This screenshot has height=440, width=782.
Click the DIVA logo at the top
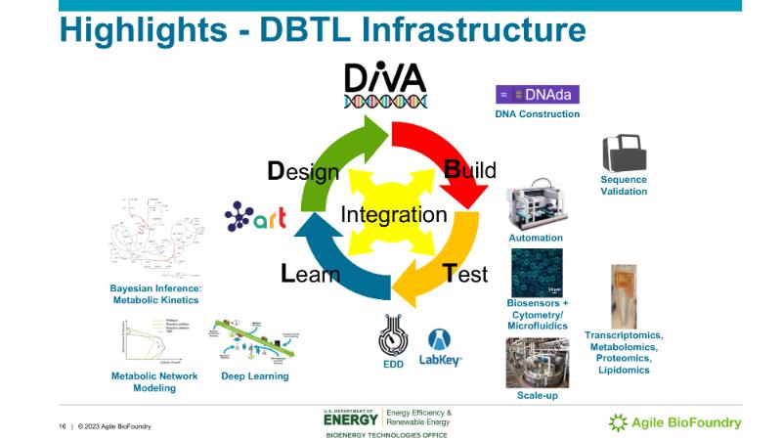(x=385, y=86)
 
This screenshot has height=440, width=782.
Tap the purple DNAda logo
(x=538, y=95)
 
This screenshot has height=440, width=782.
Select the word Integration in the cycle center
(x=393, y=215)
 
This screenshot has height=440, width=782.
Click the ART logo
(x=255, y=216)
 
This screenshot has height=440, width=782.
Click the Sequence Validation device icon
(x=624, y=154)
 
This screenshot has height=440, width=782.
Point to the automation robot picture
(x=536, y=205)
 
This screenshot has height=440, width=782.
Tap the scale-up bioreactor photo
(x=537, y=363)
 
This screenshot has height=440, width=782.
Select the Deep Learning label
(x=254, y=376)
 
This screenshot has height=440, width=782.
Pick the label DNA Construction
(x=537, y=114)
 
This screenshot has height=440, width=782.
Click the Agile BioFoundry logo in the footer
(x=674, y=422)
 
